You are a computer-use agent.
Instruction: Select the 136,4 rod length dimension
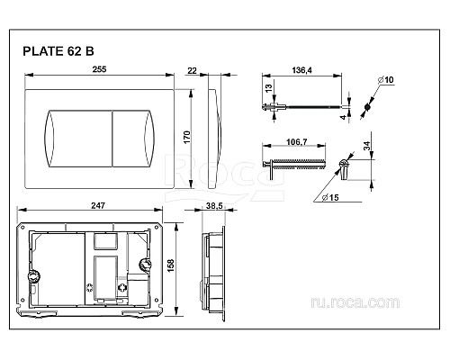click(301, 70)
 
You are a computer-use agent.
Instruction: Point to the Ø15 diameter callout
click(330, 197)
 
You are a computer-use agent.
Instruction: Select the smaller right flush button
click(134, 139)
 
